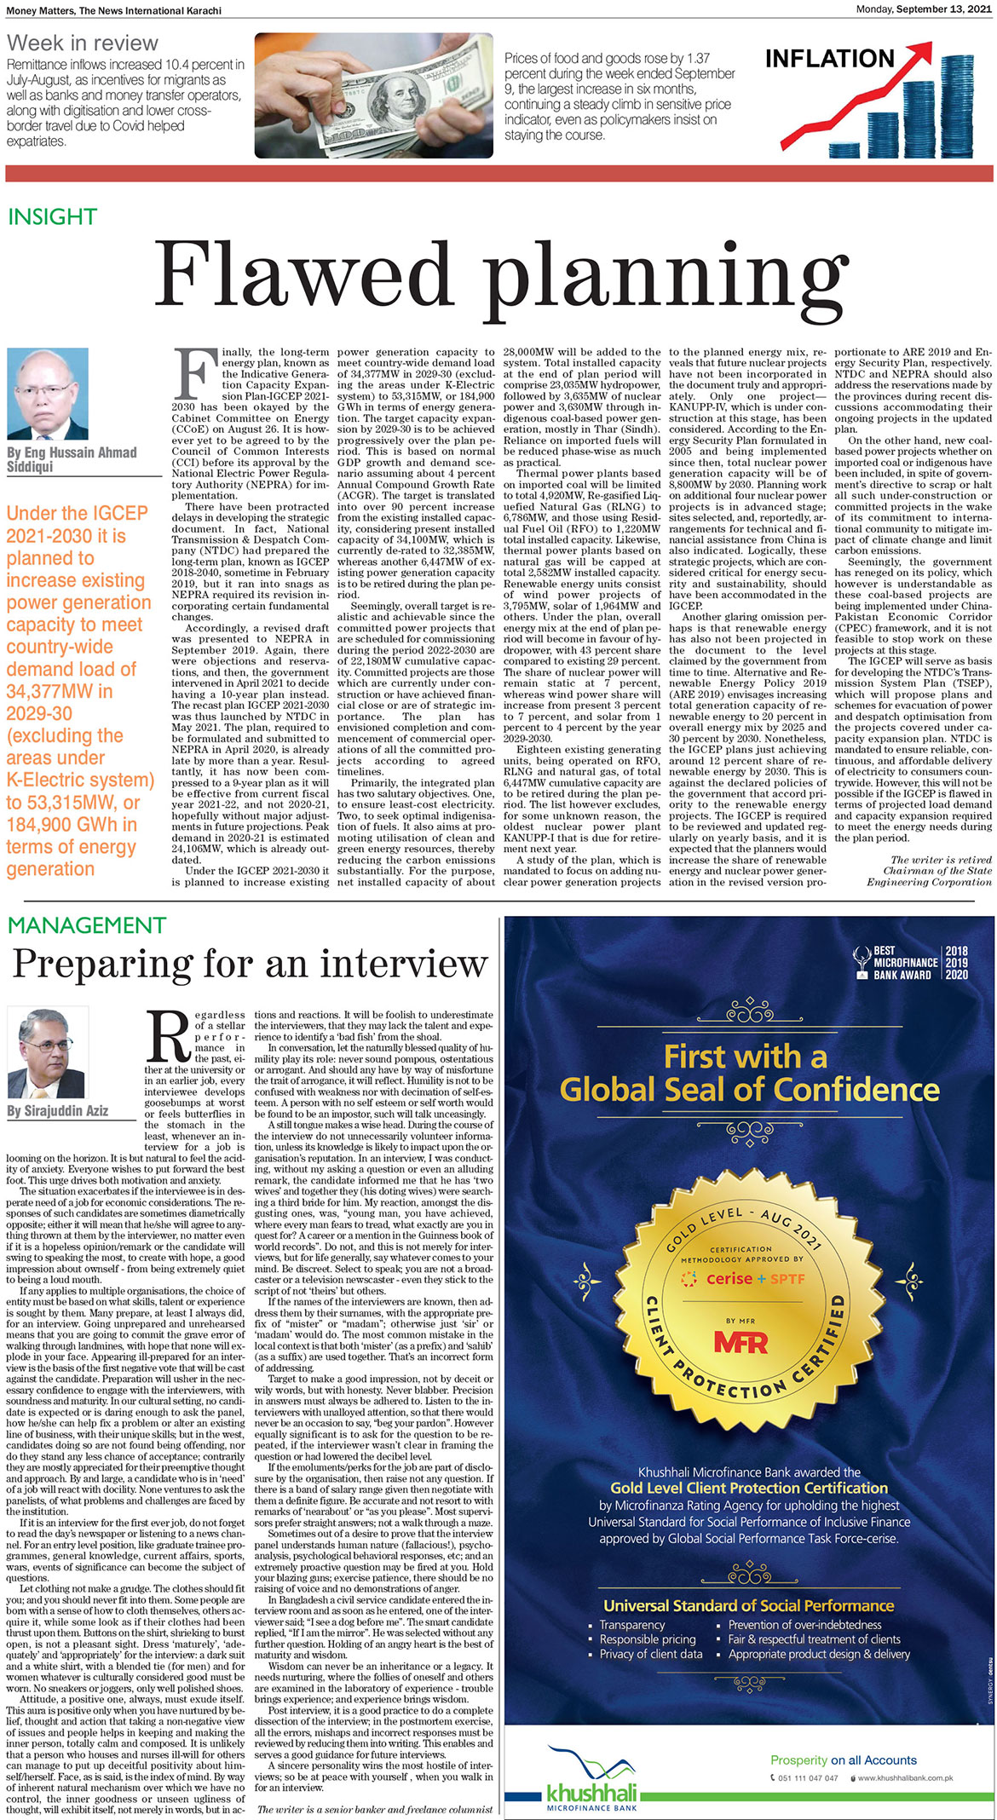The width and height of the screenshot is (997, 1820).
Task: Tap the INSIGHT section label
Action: (52, 217)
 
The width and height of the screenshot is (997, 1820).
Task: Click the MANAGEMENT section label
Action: (86, 925)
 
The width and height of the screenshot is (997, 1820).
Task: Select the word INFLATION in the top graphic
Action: (829, 59)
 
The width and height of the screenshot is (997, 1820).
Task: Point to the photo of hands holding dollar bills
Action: (373, 95)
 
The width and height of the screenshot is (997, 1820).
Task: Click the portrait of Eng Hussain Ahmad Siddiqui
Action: (48, 393)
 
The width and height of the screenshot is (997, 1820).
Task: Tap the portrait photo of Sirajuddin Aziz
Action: (48, 1053)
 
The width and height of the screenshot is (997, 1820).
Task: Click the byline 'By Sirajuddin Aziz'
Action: (58, 1111)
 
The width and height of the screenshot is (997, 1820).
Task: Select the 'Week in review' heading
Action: (83, 43)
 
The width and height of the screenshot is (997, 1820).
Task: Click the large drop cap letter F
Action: (193, 373)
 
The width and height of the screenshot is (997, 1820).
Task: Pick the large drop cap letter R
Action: (168, 1037)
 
